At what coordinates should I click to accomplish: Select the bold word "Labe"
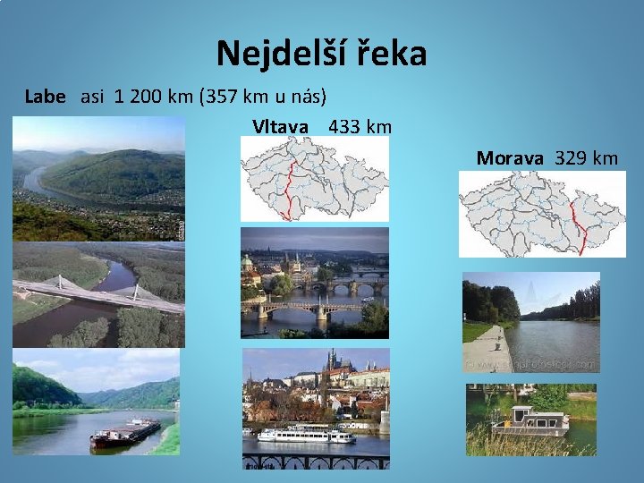click(45, 97)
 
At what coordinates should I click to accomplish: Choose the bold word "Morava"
click(510, 158)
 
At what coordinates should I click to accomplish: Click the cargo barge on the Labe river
click(124, 435)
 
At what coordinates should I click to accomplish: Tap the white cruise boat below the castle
click(305, 436)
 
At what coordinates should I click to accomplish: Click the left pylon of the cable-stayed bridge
click(62, 284)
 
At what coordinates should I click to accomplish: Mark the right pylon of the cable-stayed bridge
click(137, 291)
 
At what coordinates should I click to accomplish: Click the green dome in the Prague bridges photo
click(247, 263)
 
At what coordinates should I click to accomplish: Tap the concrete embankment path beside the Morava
click(488, 350)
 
